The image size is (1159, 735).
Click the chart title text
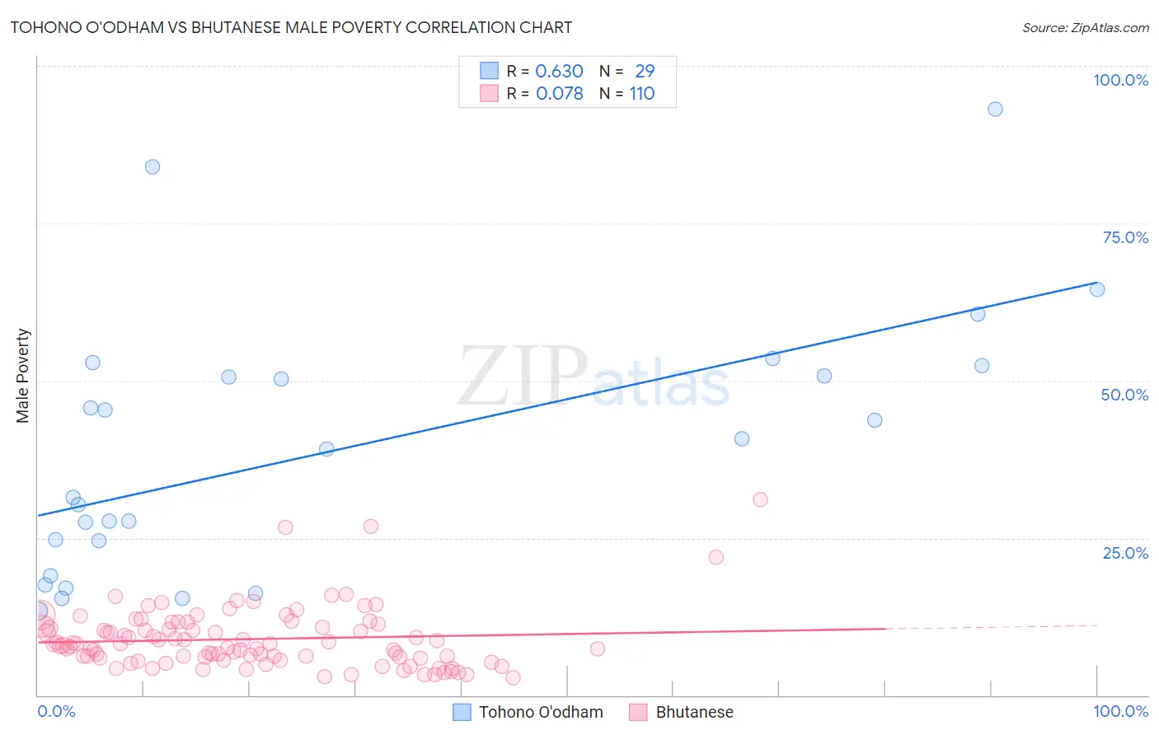pos(291,27)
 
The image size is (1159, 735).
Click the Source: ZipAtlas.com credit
pos(1085,28)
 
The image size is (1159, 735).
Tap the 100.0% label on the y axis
pos(1120,80)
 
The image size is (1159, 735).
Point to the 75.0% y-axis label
pos(1125,237)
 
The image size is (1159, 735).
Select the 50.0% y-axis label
pos(1124,395)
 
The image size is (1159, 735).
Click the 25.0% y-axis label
pos(1125,552)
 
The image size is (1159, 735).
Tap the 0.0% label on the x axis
pos(56,711)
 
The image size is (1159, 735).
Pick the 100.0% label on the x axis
pos(1120,711)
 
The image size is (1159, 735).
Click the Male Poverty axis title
pos(23,376)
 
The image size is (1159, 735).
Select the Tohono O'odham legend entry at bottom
pos(541,712)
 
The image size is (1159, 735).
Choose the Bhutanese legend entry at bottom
pos(694,712)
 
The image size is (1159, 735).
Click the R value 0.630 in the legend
pos(559,71)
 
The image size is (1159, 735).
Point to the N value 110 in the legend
pos(642,93)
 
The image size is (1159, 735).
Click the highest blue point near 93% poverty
pos(995,110)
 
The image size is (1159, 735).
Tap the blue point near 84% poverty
pos(152,166)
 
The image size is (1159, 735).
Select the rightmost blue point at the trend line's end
pos(1097,289)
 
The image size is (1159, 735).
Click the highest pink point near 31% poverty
pos(760,499)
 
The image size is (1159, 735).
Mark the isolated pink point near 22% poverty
pos(716,557)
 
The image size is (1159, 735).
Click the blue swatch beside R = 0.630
pos(489,71)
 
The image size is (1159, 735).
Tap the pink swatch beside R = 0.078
pos(489,93)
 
